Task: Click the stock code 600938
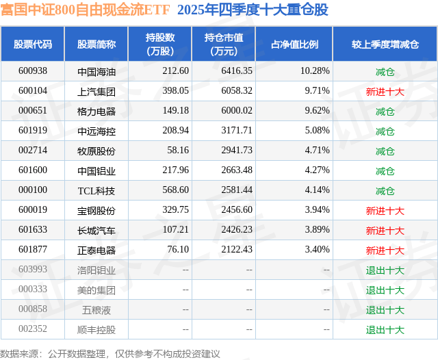click(x=33, y=70)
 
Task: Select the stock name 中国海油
click(x=96, y=70)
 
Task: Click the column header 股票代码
click(x=33, y=44)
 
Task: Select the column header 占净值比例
click(x=294, y=44)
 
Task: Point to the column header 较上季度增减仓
click(x=385, y=44)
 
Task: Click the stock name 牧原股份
click(x=96, y=151)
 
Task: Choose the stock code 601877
click(x=33, y=250)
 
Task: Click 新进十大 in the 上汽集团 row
click(x=385, y=90)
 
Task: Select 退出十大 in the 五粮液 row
click(x=385, y=309)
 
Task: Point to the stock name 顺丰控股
click(x=96, y=330)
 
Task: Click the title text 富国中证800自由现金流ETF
click(x=86, y=10)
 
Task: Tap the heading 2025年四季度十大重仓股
click(x=253, y=10)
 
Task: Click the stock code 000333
click(x=33, y=290)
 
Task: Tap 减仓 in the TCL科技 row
click(x=385, y=190)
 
